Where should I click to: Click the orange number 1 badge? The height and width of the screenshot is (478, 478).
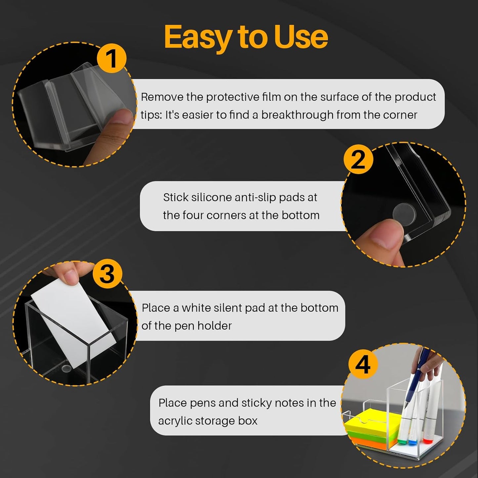(x=111, y=58)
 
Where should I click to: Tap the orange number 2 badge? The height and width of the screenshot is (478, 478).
(x=358, y=159)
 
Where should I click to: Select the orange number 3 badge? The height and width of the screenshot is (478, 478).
(x=108, y=274)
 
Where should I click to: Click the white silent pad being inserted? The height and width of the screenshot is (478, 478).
(x=74, y=323)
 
